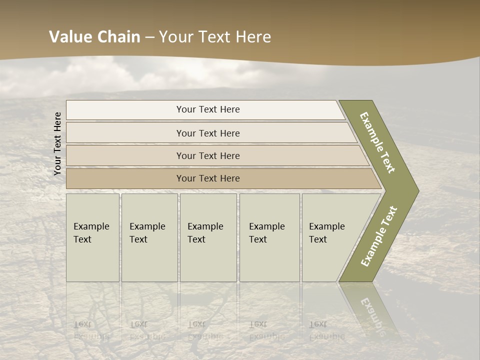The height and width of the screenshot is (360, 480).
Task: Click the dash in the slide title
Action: (x=149, y=37)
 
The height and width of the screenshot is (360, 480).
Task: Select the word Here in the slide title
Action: (x=253, y=37)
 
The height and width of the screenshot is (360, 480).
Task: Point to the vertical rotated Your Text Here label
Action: (x=57, y=143)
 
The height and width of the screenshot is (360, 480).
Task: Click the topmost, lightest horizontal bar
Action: (x=207, y=109)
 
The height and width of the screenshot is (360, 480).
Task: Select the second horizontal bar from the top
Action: (x=207, y=133)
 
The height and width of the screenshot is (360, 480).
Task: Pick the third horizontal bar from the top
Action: (x=207, y=155)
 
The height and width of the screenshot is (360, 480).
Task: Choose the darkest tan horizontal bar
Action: (x=207, y=178)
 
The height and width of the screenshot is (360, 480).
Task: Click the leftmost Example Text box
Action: (x=92, y=237)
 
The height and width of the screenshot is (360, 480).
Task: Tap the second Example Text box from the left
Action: (x=149, y=237)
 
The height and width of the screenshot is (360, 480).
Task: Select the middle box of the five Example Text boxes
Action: (x=207, y=237)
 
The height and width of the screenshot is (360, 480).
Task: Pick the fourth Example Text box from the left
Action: (x=269, y=237)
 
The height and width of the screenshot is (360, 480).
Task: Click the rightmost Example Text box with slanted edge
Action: (x=330, y=237)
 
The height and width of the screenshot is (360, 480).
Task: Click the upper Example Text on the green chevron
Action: (x=377, y=142)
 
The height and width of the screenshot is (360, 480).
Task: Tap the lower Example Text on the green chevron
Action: (x=378, y=236)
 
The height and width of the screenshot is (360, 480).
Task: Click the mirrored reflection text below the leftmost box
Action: (x=91, y=330)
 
